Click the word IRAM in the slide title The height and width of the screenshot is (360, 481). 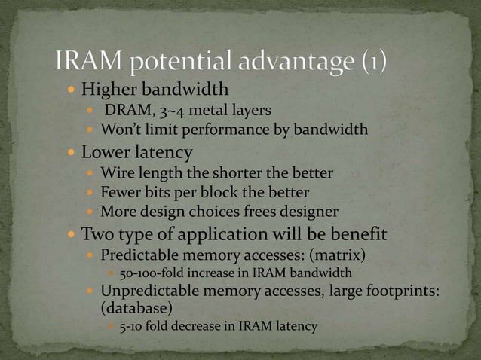(x=88, y=61)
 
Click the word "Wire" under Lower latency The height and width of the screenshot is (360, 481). (x=117, y=174)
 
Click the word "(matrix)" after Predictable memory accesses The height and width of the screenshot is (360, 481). (x=339, y=253)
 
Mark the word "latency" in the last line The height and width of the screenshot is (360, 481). (x=293, y=327)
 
